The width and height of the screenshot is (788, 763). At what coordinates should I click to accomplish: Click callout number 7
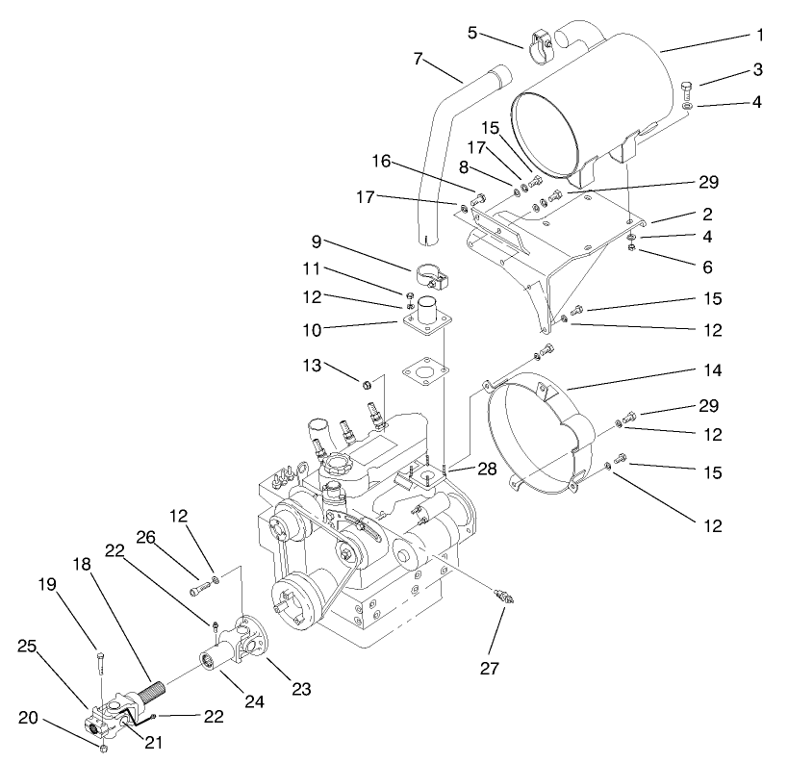click(418, 59)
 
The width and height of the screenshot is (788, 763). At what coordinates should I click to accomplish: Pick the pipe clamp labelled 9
click(432, 279)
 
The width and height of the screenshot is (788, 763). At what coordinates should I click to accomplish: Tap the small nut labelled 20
click(103, 748)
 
